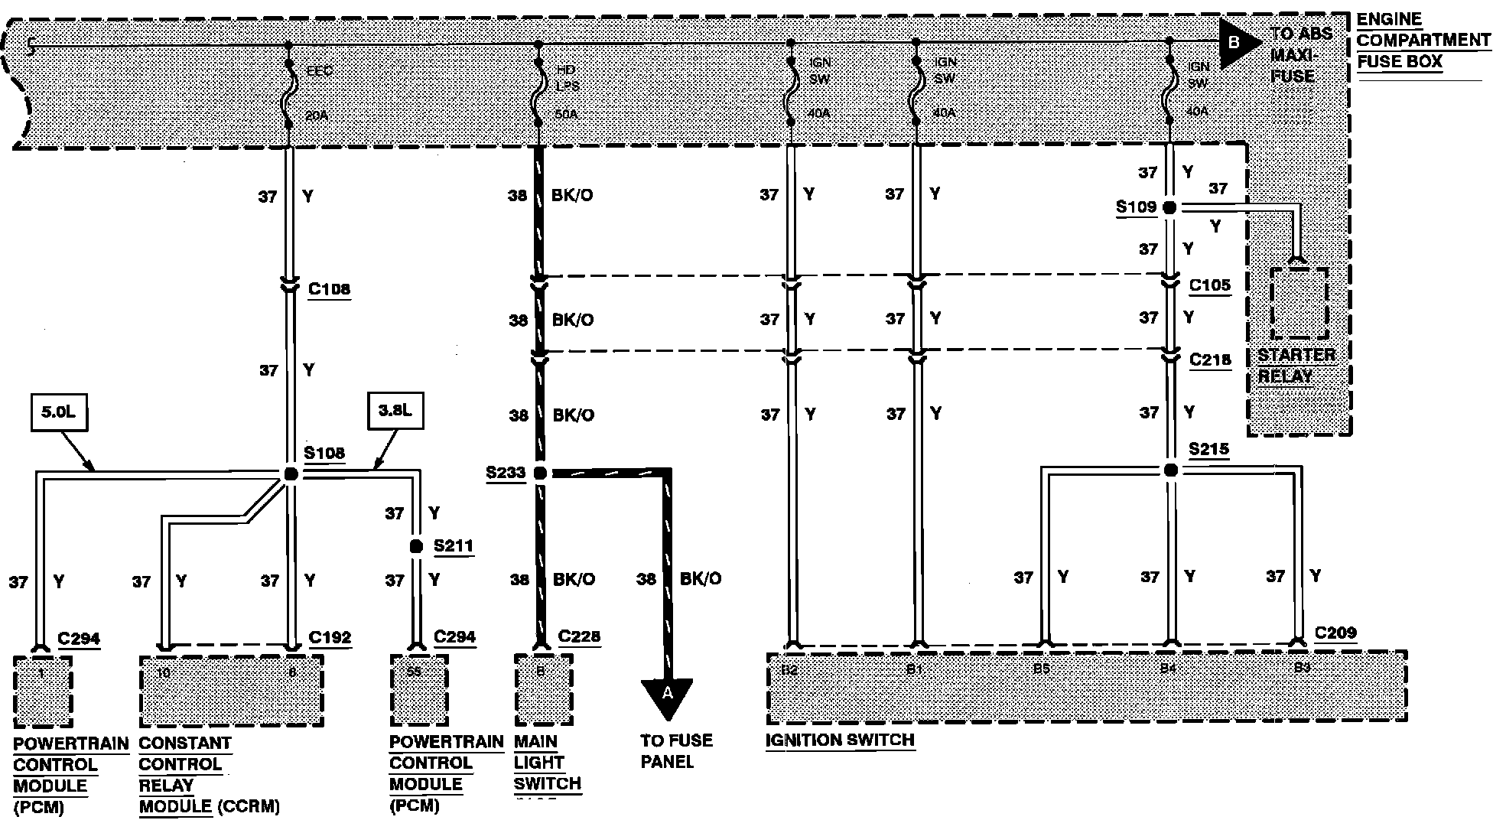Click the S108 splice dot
coord(291,474)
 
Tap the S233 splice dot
coord(540,473)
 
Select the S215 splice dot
coord(1170,470)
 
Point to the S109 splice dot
coord(1169,207)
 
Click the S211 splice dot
coord(416,546)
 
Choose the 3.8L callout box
coord(395,411)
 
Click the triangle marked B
coord(1237,44)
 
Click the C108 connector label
coord(329,289)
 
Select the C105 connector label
coord(1210,285)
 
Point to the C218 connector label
coord(1210,360)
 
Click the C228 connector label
coord(579,636)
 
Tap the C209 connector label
coord(1335,633)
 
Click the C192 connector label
coord(330,637)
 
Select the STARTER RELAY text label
coord(1296,366)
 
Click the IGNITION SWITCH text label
coord(840,740)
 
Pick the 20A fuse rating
coord(317,116)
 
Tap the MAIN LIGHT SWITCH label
coord(547,762)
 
